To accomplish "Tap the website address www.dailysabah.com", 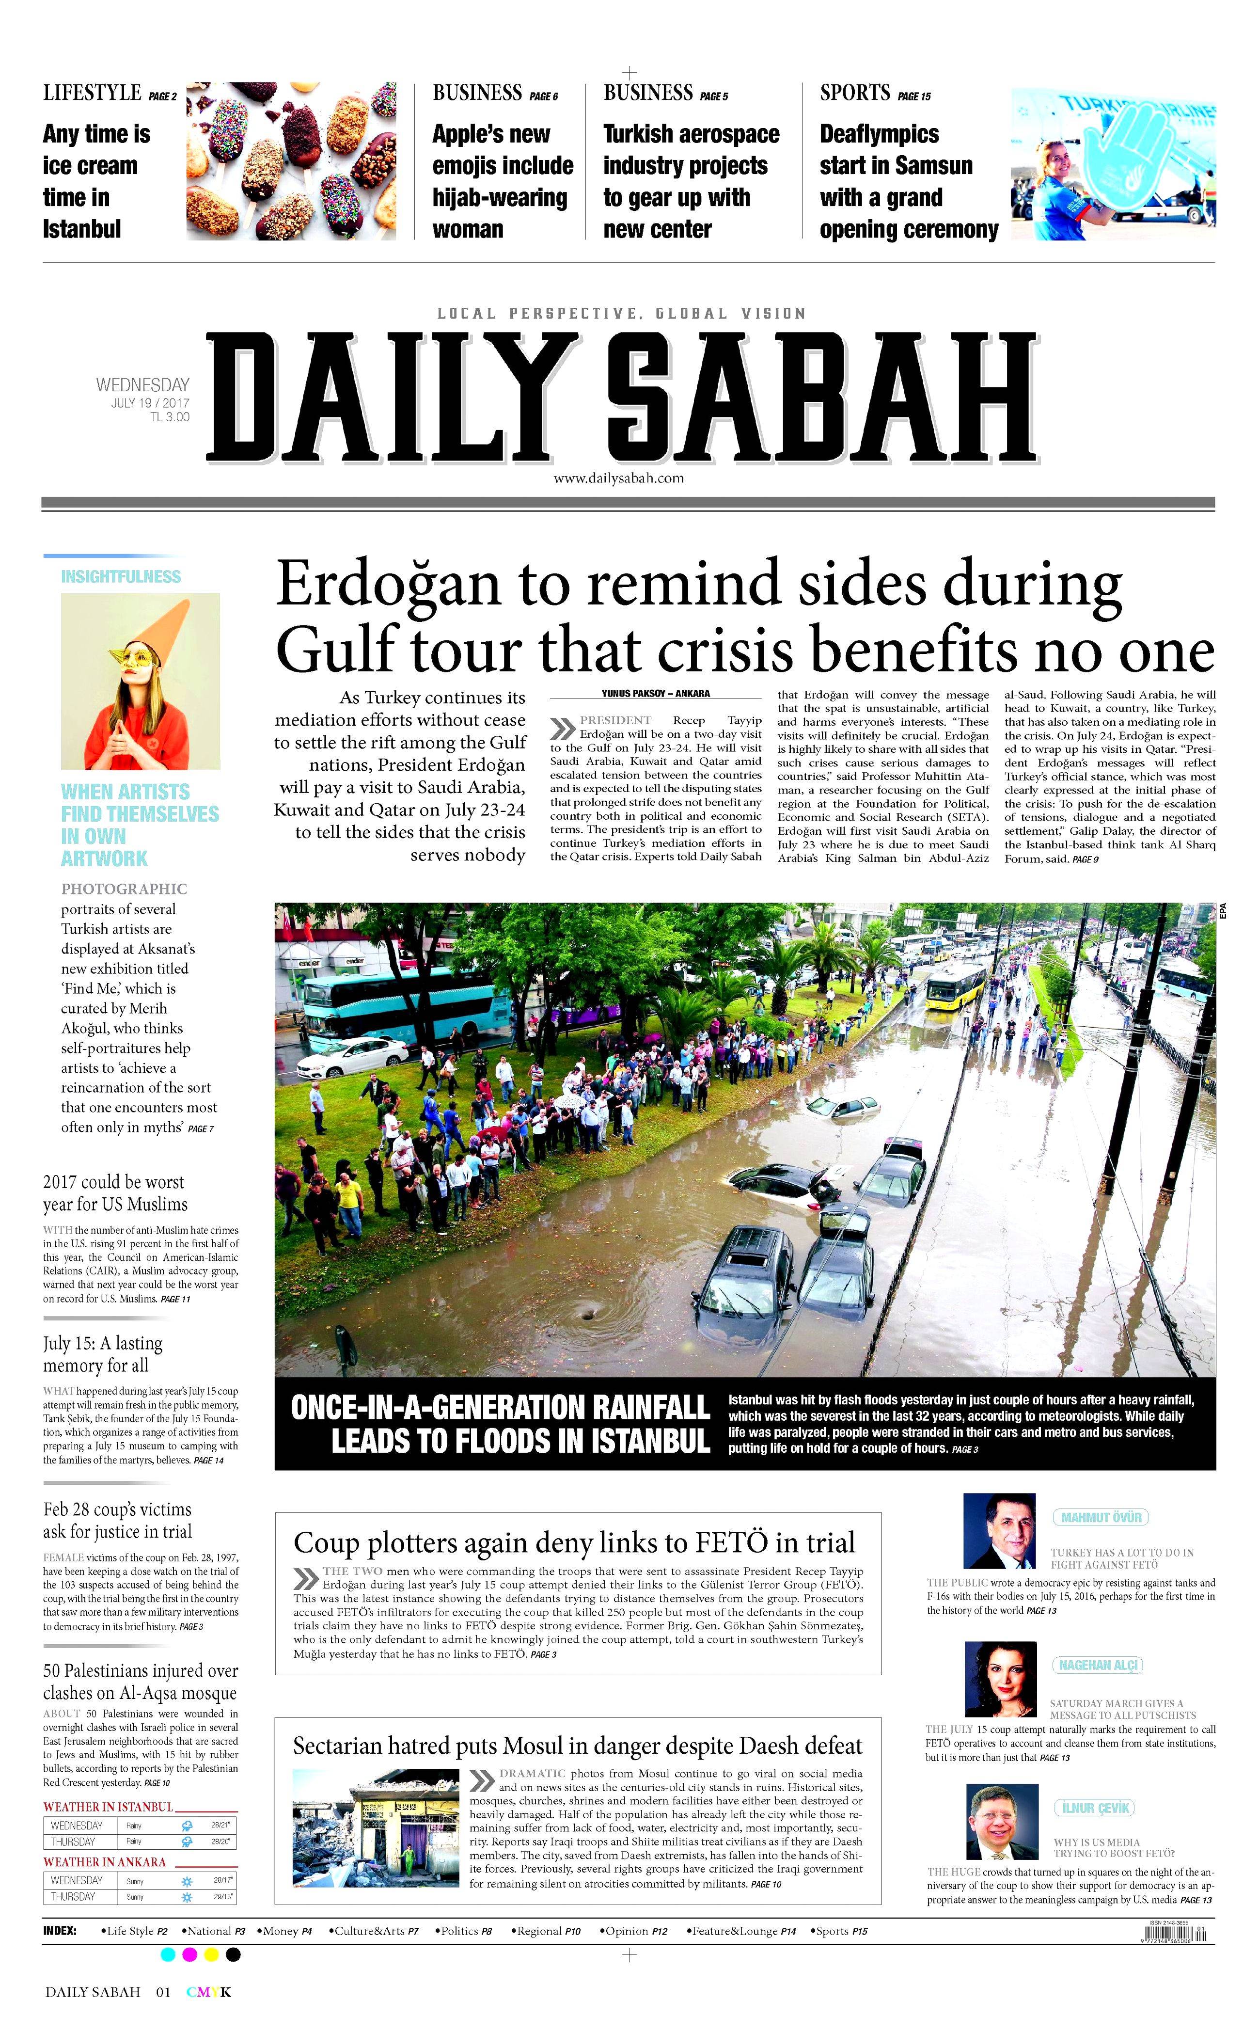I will click(x=619, y=478).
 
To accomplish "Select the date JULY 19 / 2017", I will click(x=150, y=403).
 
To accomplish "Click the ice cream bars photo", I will click(x=291, y=161).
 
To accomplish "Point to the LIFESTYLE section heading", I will click(x=93, y=93).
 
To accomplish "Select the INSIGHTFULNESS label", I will click(x=121, y=576).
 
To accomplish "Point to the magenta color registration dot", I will click(x=189, y=1954).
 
